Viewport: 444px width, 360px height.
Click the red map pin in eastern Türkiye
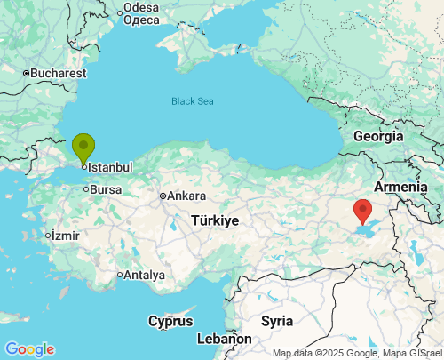[362, 211]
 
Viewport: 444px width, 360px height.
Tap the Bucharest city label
[59, 73]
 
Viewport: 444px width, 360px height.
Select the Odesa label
[141, 7]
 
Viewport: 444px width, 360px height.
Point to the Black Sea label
[193, 101]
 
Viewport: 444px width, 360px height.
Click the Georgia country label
[378, 137]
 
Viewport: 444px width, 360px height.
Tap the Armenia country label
[400, 187]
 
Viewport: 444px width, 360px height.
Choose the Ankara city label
[186, 196]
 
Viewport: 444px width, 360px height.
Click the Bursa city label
[106, 189]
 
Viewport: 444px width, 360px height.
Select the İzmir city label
[65, 236]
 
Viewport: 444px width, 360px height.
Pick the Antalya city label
[144, 275]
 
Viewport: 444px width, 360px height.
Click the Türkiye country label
[216, 220]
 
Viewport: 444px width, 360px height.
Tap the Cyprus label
[170, 320]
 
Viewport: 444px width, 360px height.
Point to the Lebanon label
[224, 339]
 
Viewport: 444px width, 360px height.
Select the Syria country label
[277, 320]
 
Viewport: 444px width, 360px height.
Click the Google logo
[29, 349]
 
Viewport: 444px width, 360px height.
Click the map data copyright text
[356, 353]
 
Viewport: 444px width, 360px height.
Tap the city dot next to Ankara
[163, 196]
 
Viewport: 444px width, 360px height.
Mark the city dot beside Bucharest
[27, 73]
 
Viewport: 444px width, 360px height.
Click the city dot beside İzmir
[48, 236]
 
